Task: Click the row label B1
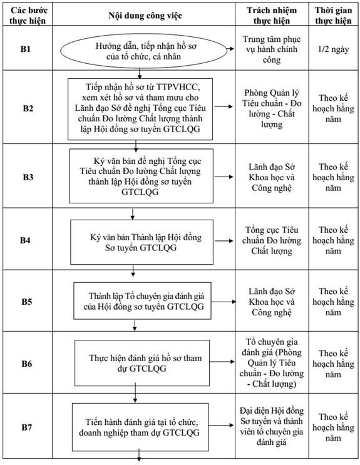pyautogui.click(x=26, y=49)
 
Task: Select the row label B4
pyautogui.click(x=26, y=240)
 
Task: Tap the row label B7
pyautogui.click(x=27, y=427)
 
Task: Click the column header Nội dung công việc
pyautogui.click(x=145, y=16)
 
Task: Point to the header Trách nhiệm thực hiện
pyautogui.click(x=272, y=16)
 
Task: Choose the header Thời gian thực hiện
pyautogui.click(x=333, y=16)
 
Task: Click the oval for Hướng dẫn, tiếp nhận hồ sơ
pyautogui.click(x=143, y=51)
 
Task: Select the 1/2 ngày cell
pyautogui.click(x=333, y=49)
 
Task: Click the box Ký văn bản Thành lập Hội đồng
pyautogui.click(x=142, y=242)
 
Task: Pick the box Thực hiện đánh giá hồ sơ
pyautogui.click(x=142, y=363)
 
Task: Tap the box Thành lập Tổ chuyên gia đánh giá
pyautogui.click(x=143, y=300)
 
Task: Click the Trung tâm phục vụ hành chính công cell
pyautogui.click(x=272, y=49)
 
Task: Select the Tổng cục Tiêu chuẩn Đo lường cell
pyautogui.click(x=272, y=240)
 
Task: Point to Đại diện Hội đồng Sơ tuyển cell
pyautogui.click(x=272, y=426)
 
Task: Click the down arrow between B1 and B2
pyautogui.click(x=140, y=74)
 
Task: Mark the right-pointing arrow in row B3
pyautogui.click(x=224, y=176)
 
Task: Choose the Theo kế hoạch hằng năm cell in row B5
pyautogui.click(x=333, y=302)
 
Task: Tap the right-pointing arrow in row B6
pyautogui.click(x=222, y=362)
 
